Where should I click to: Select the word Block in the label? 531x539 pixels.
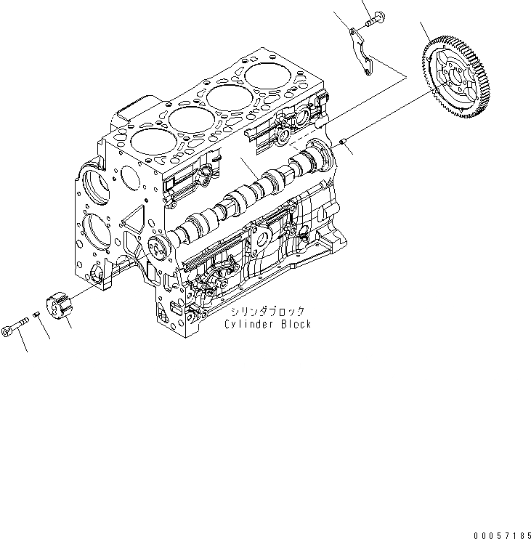[x=294, y=324]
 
